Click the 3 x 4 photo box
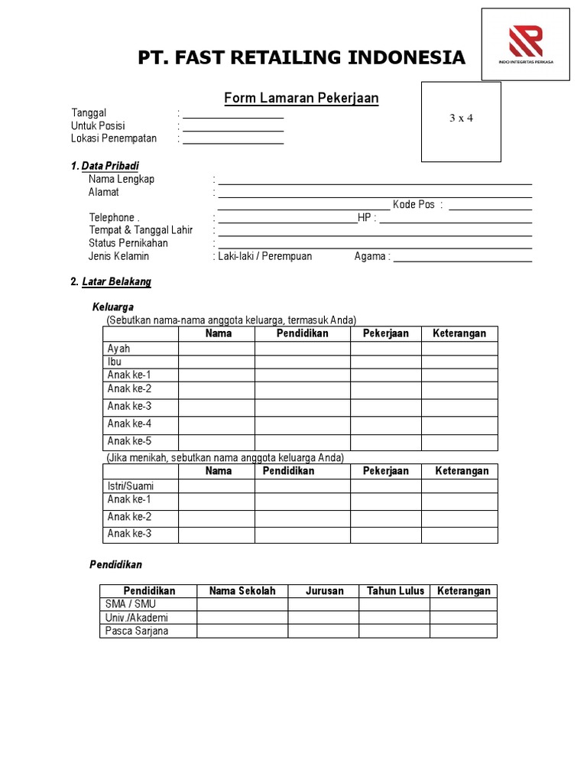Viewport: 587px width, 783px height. coord(461,122)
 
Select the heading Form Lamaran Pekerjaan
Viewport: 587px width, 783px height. coord(301,98)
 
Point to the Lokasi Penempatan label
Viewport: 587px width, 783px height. coord(114,138)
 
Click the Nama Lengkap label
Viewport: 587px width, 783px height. coord(122,179)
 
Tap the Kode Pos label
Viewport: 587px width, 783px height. coord(413,205)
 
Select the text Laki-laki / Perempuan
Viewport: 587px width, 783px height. coord(264,256)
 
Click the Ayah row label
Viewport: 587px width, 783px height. coord(119,349)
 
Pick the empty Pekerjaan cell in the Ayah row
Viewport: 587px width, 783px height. coord(385,349)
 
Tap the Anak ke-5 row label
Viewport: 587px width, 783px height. coord(130,441)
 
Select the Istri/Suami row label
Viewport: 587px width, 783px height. coord(131,486)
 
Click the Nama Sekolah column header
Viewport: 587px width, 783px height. coord(242,591)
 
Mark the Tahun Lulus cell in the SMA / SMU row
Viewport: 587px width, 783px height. coord(394,604)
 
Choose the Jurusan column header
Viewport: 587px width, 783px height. coord(324,591)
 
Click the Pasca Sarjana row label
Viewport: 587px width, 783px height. coord(138,631)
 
